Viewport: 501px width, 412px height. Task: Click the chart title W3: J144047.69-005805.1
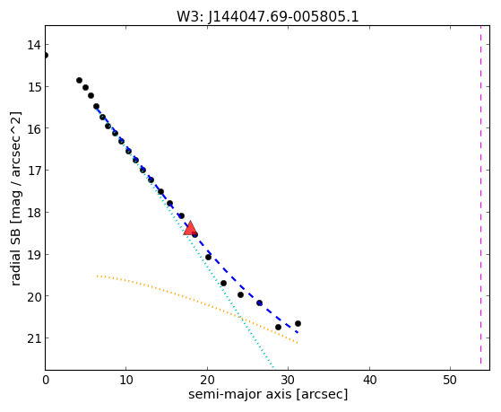[268, 16]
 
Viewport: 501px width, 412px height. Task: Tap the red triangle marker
[190, 228]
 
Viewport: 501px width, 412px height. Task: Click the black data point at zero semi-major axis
[46, 56]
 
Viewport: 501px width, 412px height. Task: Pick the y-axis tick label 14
[34, 45]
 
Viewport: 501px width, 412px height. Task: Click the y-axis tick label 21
[34, 338]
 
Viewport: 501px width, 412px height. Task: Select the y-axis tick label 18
[34, 212]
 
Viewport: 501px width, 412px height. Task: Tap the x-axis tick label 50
[450, 380]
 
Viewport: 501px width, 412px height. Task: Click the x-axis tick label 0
[46, 380]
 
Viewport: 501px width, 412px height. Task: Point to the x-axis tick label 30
[289, 380]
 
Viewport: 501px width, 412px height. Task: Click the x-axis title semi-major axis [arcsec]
[268, 394]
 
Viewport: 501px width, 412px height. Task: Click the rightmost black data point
[298, 324]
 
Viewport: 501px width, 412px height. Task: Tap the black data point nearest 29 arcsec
[278, 327]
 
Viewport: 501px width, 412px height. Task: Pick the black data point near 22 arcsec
[223, 284]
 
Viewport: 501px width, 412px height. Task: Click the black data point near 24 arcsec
[240, 294]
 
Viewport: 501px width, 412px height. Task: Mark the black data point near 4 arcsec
[79, 81]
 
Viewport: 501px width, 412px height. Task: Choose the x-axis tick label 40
[369, 380]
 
